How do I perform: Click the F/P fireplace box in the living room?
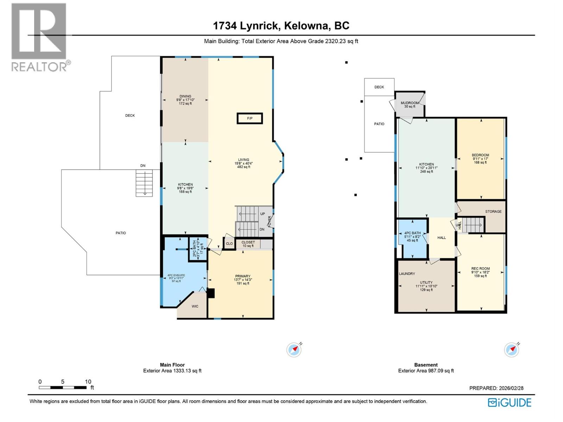pos(249,118)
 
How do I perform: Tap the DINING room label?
pos(185,96)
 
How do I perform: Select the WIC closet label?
pos(195,306)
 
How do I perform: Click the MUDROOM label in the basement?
pos(410,103)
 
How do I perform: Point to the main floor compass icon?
pos(294,350)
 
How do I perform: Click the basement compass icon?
pos(512,350)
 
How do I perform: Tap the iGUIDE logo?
pos(510,402)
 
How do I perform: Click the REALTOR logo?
pos(39,37)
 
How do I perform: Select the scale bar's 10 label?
pos(88,382)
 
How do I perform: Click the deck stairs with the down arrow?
pos(144,183)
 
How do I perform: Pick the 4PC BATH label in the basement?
pos(412,233)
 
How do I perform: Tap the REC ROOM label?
pos(481,269)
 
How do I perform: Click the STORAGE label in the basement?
pos(493,211)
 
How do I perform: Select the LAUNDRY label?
pos(407,274)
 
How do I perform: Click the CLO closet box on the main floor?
pos(229,243)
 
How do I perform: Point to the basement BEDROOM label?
pos(480,155)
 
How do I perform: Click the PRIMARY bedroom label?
pos(243,276)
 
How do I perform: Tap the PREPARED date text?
pos(496,388)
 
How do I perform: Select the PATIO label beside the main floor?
pos(121,233)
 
